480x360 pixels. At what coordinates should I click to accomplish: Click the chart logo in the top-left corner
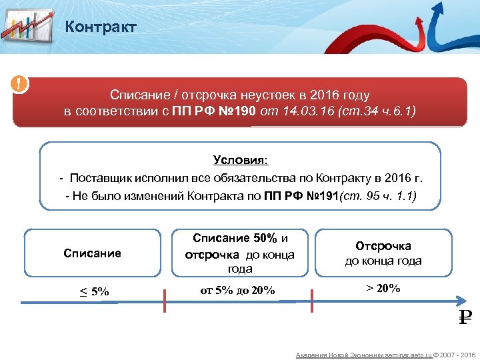click(x=27, y=26)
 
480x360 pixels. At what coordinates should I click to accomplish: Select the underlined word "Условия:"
click(x=240, y=160)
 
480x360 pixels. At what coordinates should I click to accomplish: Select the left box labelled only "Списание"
click(x=92, y=253)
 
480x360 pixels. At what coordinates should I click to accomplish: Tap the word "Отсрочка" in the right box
click(x=383, y=246)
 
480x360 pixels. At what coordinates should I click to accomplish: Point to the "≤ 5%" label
click(x=93, y=291)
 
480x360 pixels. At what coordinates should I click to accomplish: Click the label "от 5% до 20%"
click(x=237, y=290)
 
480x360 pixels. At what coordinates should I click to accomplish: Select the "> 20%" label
click(x=383, y=288)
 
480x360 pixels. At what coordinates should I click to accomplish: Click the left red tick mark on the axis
click(x=165, y=301)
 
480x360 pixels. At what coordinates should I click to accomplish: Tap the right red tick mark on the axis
click(x=310, y=301)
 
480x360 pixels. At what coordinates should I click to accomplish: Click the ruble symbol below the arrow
click(x=465, y=317)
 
